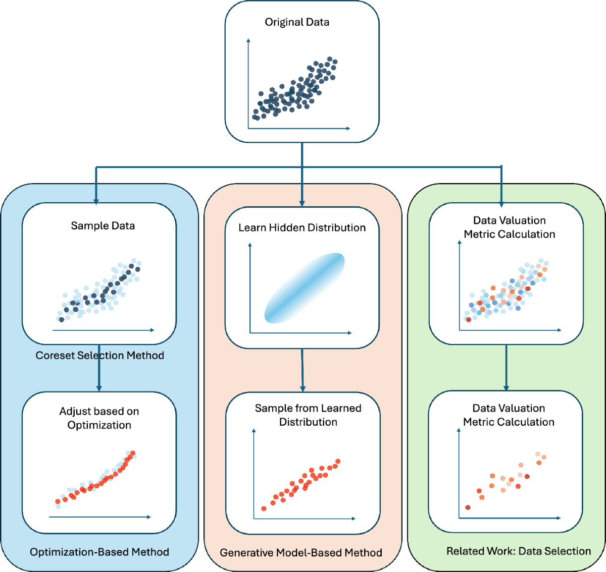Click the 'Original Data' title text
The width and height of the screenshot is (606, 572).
click(x=297, y=22)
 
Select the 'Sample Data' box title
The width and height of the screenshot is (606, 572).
click(x=103, y=225)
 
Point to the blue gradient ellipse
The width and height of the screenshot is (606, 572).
click(x=305, y=288)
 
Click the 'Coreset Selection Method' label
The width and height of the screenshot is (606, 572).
click(x=99, y=355)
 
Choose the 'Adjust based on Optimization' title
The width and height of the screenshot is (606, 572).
click(x=99, y=418)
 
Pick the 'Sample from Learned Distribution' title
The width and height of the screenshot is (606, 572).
click(x=308, y=415)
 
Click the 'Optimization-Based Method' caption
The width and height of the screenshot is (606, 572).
click(x=99, y=552)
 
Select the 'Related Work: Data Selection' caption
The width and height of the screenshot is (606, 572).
click(x=519, y=551)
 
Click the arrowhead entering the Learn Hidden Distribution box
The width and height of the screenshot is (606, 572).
click(x=302, y=203)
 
